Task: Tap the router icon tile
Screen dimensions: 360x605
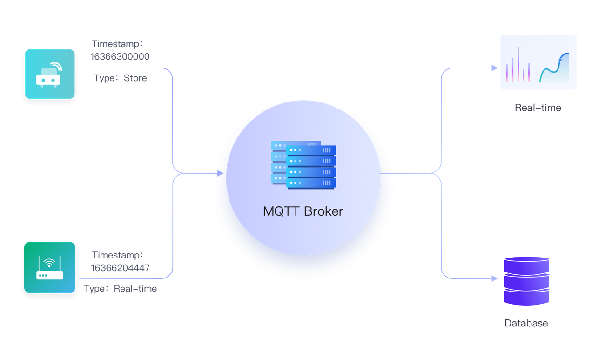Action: pos(49,267)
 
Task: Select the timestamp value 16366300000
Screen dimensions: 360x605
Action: pos(121,57)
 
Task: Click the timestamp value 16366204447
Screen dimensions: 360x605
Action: pos(121,267)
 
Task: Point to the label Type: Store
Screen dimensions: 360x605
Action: pos(121,78)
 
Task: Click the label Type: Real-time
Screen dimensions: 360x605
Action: pos(121,289)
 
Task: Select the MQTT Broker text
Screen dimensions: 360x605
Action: pos(303,211)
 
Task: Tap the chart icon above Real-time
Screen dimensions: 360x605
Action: pos(538,62)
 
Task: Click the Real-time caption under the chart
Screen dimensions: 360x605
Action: pos(538,108)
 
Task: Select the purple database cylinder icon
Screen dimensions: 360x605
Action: pos(527,281)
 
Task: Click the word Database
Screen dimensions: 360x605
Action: pos(526,323)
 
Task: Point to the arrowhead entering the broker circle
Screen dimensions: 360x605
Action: pos(221,173)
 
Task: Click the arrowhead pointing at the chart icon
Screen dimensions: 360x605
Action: pos(494,68)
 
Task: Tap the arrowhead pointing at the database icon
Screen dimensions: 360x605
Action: pos(494,279)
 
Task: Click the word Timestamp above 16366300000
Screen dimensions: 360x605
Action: pos(118,44)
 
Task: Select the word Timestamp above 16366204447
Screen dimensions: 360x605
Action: pos(118,255)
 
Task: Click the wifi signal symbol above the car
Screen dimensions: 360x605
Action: pos(55,66)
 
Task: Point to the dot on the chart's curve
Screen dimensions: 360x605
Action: pos(561,59)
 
